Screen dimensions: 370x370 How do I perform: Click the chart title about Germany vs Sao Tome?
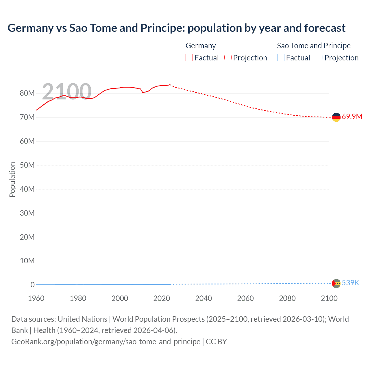click(176, 28)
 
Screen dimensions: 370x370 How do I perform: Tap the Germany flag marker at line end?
click(336, 117)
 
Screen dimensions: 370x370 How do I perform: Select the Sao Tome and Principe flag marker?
click(336, 283)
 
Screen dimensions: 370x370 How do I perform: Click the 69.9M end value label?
click(352, 117)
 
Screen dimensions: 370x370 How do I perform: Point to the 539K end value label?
click(350, 283)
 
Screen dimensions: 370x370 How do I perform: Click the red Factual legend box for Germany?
click(189, 58)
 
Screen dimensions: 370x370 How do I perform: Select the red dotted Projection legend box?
click(228, 58)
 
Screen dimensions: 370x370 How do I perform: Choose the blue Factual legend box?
click(281, 58)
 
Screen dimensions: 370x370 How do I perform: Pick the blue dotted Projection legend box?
click(319, 58)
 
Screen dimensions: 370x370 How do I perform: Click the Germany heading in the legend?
click(201, 46)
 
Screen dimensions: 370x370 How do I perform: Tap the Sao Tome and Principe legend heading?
click(314, 46)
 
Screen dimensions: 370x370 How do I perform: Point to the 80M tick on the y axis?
click(27, 93)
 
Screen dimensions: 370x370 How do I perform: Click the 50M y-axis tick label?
click(27, 165)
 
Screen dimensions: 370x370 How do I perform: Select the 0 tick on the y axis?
click(32, 285)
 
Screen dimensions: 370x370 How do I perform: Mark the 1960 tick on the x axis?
click(36, 298)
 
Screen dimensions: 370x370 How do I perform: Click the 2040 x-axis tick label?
click(203, 298)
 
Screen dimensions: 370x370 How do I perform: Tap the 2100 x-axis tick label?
click(329, 298)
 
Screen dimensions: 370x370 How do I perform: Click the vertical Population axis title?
click(12, 180)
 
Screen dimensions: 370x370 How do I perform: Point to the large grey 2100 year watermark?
click(67, 92)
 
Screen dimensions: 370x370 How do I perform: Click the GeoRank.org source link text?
click(106, 342)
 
